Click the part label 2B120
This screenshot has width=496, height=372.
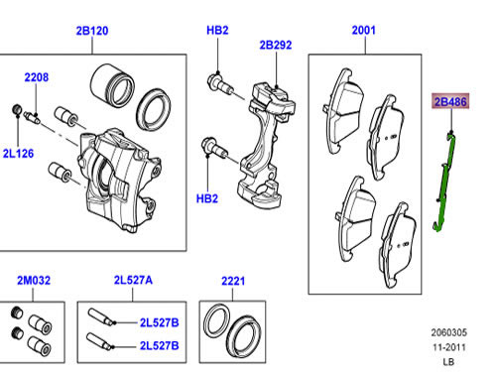coord(92,31)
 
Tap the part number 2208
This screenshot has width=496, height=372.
coord(37,77)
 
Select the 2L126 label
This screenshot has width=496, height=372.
coord(18,154)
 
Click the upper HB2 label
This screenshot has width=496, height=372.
coord(217,30)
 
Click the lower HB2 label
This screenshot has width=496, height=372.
coord(207,198)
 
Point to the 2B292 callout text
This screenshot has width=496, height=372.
coord(276,45)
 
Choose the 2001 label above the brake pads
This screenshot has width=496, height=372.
coord(364,31)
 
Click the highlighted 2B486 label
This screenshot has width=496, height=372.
coord(450,101)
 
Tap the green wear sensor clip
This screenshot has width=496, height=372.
coord(445,181)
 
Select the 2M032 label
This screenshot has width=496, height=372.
coord(34,281)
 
